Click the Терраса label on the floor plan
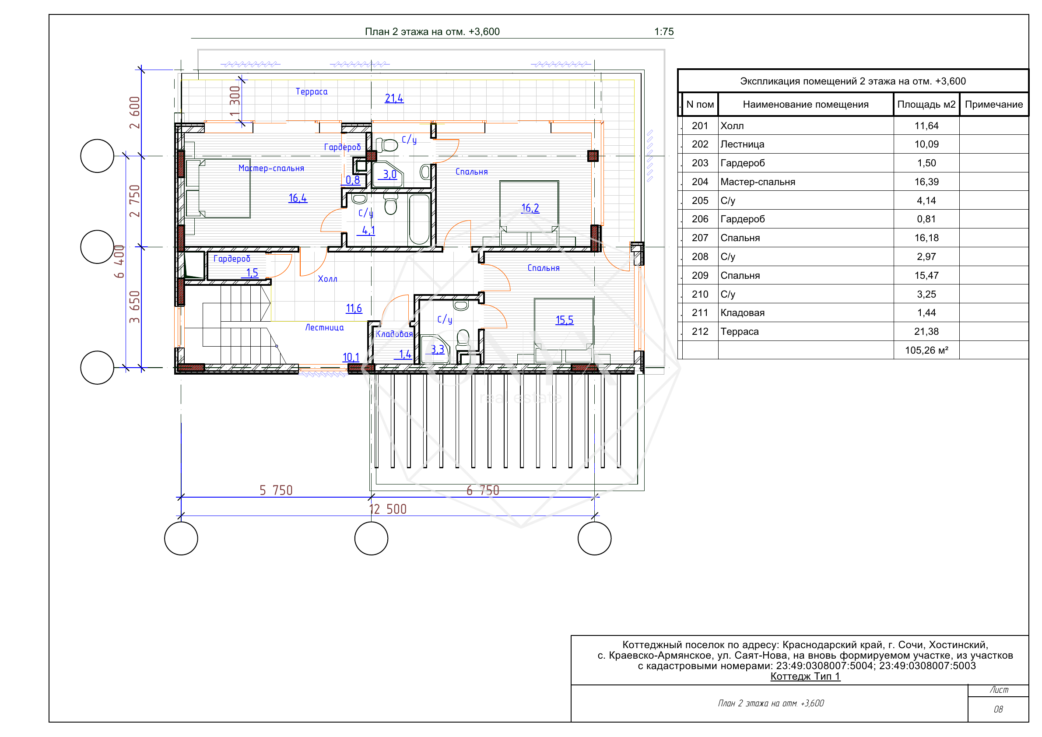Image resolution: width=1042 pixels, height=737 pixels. coord(311,91)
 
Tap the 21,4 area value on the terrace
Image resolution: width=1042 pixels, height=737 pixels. coord(394,98)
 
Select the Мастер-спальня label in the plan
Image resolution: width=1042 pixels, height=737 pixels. coord(271,168)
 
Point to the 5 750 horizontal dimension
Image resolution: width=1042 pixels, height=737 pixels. coord(276,490)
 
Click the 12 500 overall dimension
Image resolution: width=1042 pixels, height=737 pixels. coord(388,509)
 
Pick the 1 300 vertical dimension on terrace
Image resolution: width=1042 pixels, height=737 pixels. coord(235,101)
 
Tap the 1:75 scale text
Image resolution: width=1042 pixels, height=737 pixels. coord(663,32)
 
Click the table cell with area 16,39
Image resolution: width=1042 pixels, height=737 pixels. coord(926,182)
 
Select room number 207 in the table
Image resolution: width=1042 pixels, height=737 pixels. coord(700,238)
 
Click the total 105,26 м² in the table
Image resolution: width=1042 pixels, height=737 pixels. coord(926,351)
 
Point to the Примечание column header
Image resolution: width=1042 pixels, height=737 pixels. coord(994,104)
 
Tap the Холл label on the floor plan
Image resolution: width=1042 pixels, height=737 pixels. coord(328,279)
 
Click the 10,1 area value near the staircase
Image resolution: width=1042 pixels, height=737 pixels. coord(351,357)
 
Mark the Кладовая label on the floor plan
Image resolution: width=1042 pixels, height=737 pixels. coord(394,334)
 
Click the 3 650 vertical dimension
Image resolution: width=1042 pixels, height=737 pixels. coord(135,307)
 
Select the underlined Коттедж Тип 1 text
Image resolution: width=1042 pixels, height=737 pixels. coord(805,676)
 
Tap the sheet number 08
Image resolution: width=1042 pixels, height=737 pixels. coord(998,709)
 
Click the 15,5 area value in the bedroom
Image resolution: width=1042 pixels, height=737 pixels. coord(565,320)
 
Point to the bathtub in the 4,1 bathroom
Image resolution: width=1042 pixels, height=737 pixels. coord(419,219)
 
